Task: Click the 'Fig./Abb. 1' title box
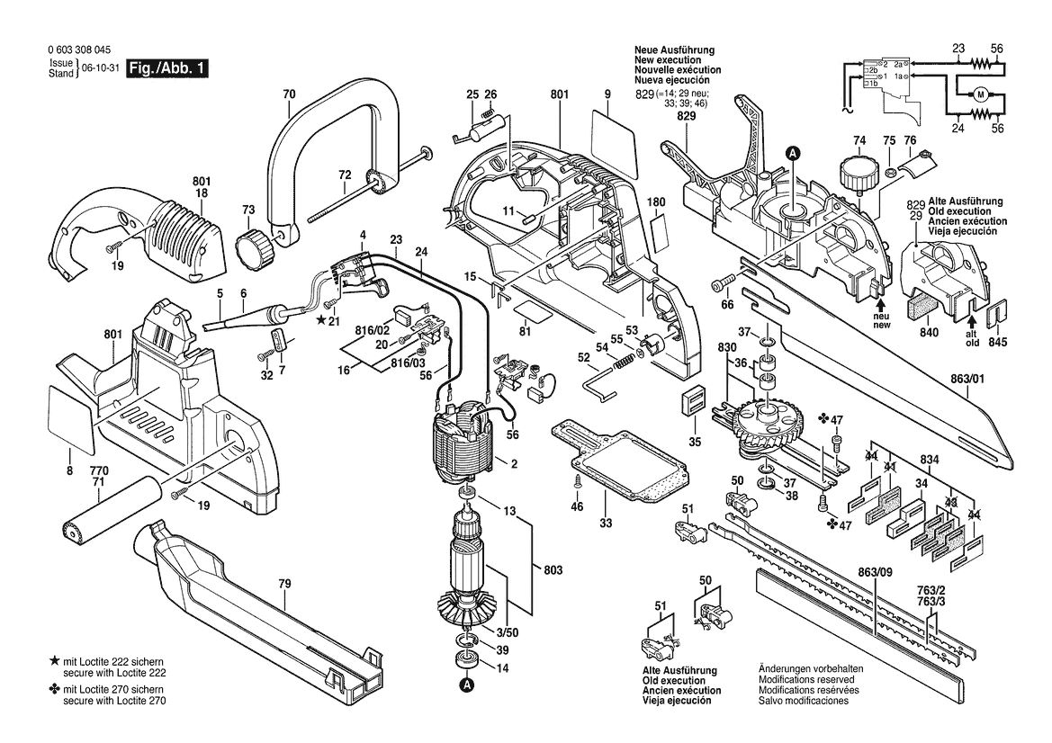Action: tap(167, 68)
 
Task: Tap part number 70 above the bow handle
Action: tap(288, 94)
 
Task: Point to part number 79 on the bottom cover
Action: tap(284, 585)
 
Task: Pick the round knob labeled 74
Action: tap(858, 171)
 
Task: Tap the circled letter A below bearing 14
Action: tap(466, 686)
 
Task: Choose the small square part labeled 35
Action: tap(694, 405)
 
